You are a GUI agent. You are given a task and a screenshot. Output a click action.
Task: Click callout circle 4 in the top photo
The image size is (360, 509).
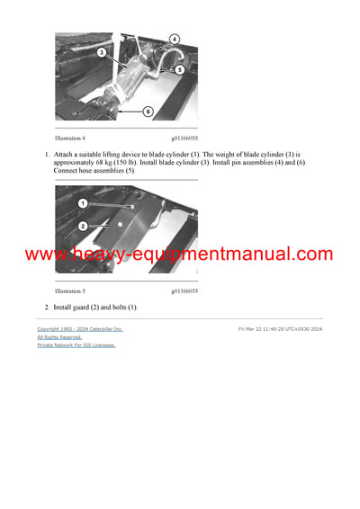pos(175,40)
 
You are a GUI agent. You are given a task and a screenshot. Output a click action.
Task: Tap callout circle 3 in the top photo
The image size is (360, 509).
pos(102,53)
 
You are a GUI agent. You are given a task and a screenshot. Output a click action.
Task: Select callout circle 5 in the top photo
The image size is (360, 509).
pos(180,68)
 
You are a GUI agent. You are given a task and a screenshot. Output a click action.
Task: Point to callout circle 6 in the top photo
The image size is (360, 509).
pos(148,112)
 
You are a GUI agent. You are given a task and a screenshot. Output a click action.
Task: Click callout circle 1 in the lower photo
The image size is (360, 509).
pos(82,204)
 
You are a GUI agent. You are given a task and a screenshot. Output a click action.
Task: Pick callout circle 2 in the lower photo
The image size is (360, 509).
pos(82,226)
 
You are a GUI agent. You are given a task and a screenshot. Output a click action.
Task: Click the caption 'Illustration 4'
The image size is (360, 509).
pos(70,138)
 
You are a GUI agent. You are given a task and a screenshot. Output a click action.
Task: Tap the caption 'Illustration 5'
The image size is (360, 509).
pos(70,290)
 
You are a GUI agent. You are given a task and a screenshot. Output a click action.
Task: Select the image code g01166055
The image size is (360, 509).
pos(184,138)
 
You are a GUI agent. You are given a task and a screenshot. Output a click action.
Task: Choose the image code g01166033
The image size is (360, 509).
pos(184,290)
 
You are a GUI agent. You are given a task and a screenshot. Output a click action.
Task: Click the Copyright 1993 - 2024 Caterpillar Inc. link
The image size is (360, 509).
pos(80,329)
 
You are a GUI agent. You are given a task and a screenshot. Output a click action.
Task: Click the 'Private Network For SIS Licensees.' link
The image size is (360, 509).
pos(76,345)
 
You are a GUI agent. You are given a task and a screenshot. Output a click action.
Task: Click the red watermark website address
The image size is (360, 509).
pos(179,254)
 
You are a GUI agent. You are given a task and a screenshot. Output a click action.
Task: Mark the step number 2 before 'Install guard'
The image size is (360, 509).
pos(47,308)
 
